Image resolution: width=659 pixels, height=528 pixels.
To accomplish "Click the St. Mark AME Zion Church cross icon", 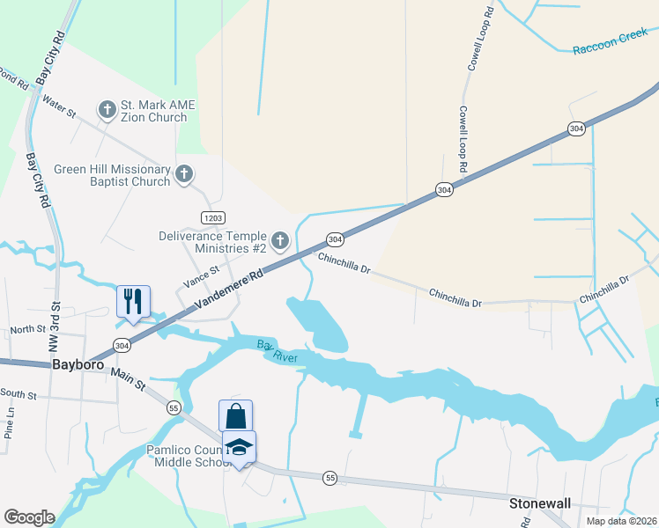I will [x=107, y=110].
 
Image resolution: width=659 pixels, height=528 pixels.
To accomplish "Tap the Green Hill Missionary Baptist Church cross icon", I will [x=184, y=174].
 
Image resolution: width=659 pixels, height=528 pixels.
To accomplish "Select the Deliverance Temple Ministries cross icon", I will [x=280, y=241].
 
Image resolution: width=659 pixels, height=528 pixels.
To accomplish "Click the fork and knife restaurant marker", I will [x=134, y=300].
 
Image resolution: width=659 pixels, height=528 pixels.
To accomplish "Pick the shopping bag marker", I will [x=236, y=415].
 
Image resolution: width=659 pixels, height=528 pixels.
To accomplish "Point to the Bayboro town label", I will [x=78, y=363].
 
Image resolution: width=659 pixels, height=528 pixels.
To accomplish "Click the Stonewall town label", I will [x=540, y=503].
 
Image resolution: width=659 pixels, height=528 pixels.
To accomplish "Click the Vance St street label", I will [x=199, y=279].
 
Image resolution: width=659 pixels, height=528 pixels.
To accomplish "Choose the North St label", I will [x=27, y=329].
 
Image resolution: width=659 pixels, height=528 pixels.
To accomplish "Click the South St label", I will [x=18, y=393].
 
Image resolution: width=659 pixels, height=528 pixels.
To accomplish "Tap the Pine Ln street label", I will [x=10, y=423].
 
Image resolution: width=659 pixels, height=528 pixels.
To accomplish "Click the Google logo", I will [x=29, y=517].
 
